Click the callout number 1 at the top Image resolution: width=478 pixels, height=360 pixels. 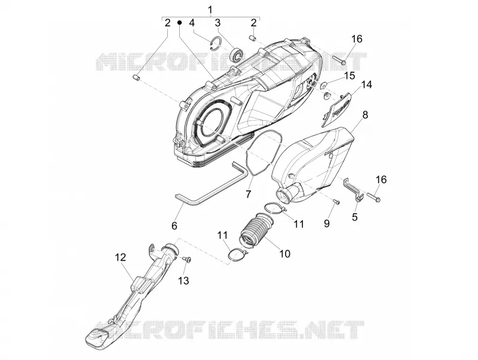click(210, 10)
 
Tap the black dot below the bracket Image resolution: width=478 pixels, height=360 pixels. click(180, 22)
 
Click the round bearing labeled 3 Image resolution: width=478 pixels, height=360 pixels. click(237, 54)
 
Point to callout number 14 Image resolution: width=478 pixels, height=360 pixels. click(367, 85)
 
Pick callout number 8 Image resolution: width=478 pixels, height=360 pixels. click(365, 115)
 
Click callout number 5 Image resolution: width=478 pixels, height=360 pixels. click(354, 217)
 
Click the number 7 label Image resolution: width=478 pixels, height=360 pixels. click(249, 194)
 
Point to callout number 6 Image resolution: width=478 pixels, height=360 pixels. click(174, 226)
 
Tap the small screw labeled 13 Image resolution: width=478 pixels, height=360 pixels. click(186, 260)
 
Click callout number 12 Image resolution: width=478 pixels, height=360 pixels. click(121, 257)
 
